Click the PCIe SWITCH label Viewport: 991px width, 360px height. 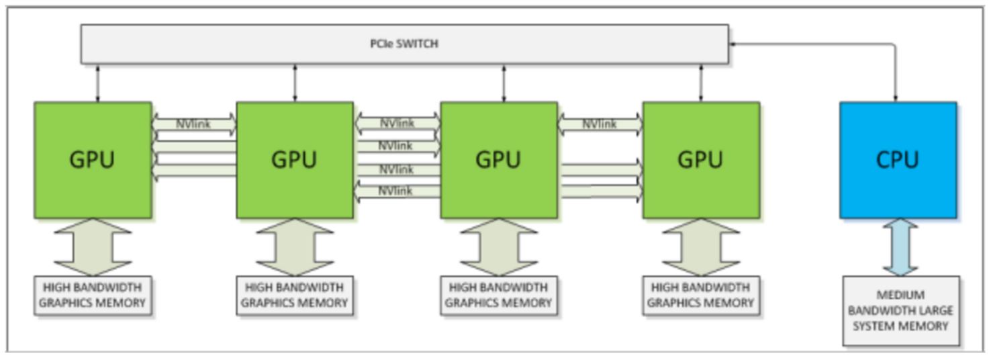tap(404, 44)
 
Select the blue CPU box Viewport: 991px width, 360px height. tap(898, 160)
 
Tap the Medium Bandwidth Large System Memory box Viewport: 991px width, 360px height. tap(900, 310)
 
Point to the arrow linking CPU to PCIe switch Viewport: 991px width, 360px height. tap(896, 67)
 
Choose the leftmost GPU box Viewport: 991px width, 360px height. tap(93, 160)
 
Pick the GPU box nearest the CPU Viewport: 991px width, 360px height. tap(701, 160)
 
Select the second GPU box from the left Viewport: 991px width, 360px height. tap(295, 160)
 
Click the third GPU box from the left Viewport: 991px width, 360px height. tap(498, 160)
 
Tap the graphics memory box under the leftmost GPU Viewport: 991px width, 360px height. tap(92, 295)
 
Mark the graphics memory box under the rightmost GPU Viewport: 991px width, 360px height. tap(700, 295)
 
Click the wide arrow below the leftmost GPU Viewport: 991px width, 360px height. tap(92, 247)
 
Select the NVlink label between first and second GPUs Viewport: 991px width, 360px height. tap(193, 124)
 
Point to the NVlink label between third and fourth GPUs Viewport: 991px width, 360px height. tap(599, 124)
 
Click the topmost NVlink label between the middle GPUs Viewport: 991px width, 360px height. tap(397, 124)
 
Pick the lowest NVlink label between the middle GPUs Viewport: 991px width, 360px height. tap(395, 191)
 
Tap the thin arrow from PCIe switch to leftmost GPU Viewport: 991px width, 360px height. tap(97, 83)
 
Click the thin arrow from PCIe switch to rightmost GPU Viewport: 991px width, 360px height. tap(701, 83)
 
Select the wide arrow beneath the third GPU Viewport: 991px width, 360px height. tap(498, 247)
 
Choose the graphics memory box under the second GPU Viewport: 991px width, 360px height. tap(294, 295)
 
